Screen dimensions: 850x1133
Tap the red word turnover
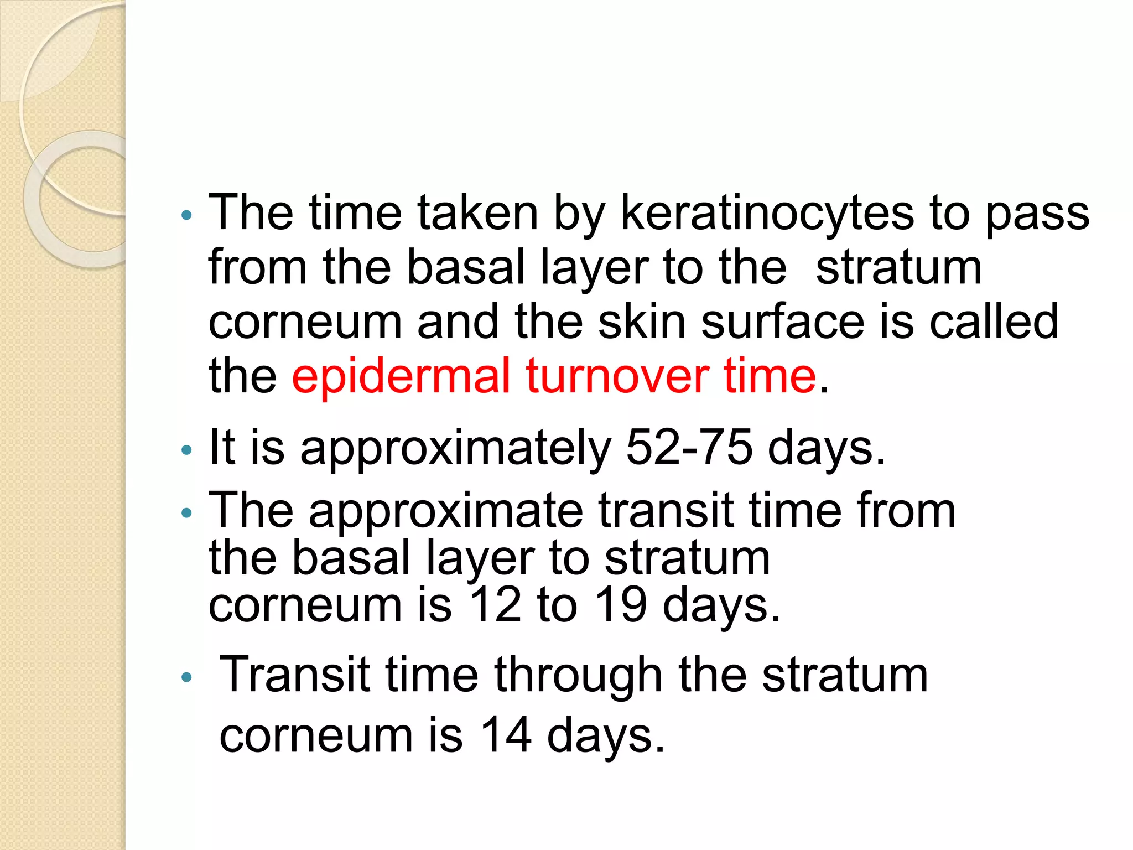coord(617,376)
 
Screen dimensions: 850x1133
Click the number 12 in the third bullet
coord(495,604)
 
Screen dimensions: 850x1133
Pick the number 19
coord(620,604)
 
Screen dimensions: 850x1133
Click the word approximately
coord(455,448)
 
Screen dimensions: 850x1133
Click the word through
coord(578,675)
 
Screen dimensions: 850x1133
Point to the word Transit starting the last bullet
coord(294,675)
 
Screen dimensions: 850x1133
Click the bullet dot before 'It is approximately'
coord(186,450)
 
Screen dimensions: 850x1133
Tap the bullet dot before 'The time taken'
coord(186,215)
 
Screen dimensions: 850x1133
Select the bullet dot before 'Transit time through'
coord(186,677)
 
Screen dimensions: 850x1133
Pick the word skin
coord(642,322)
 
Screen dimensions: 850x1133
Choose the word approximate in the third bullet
coord(445,511)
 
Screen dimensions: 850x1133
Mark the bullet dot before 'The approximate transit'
coord(186,513)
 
